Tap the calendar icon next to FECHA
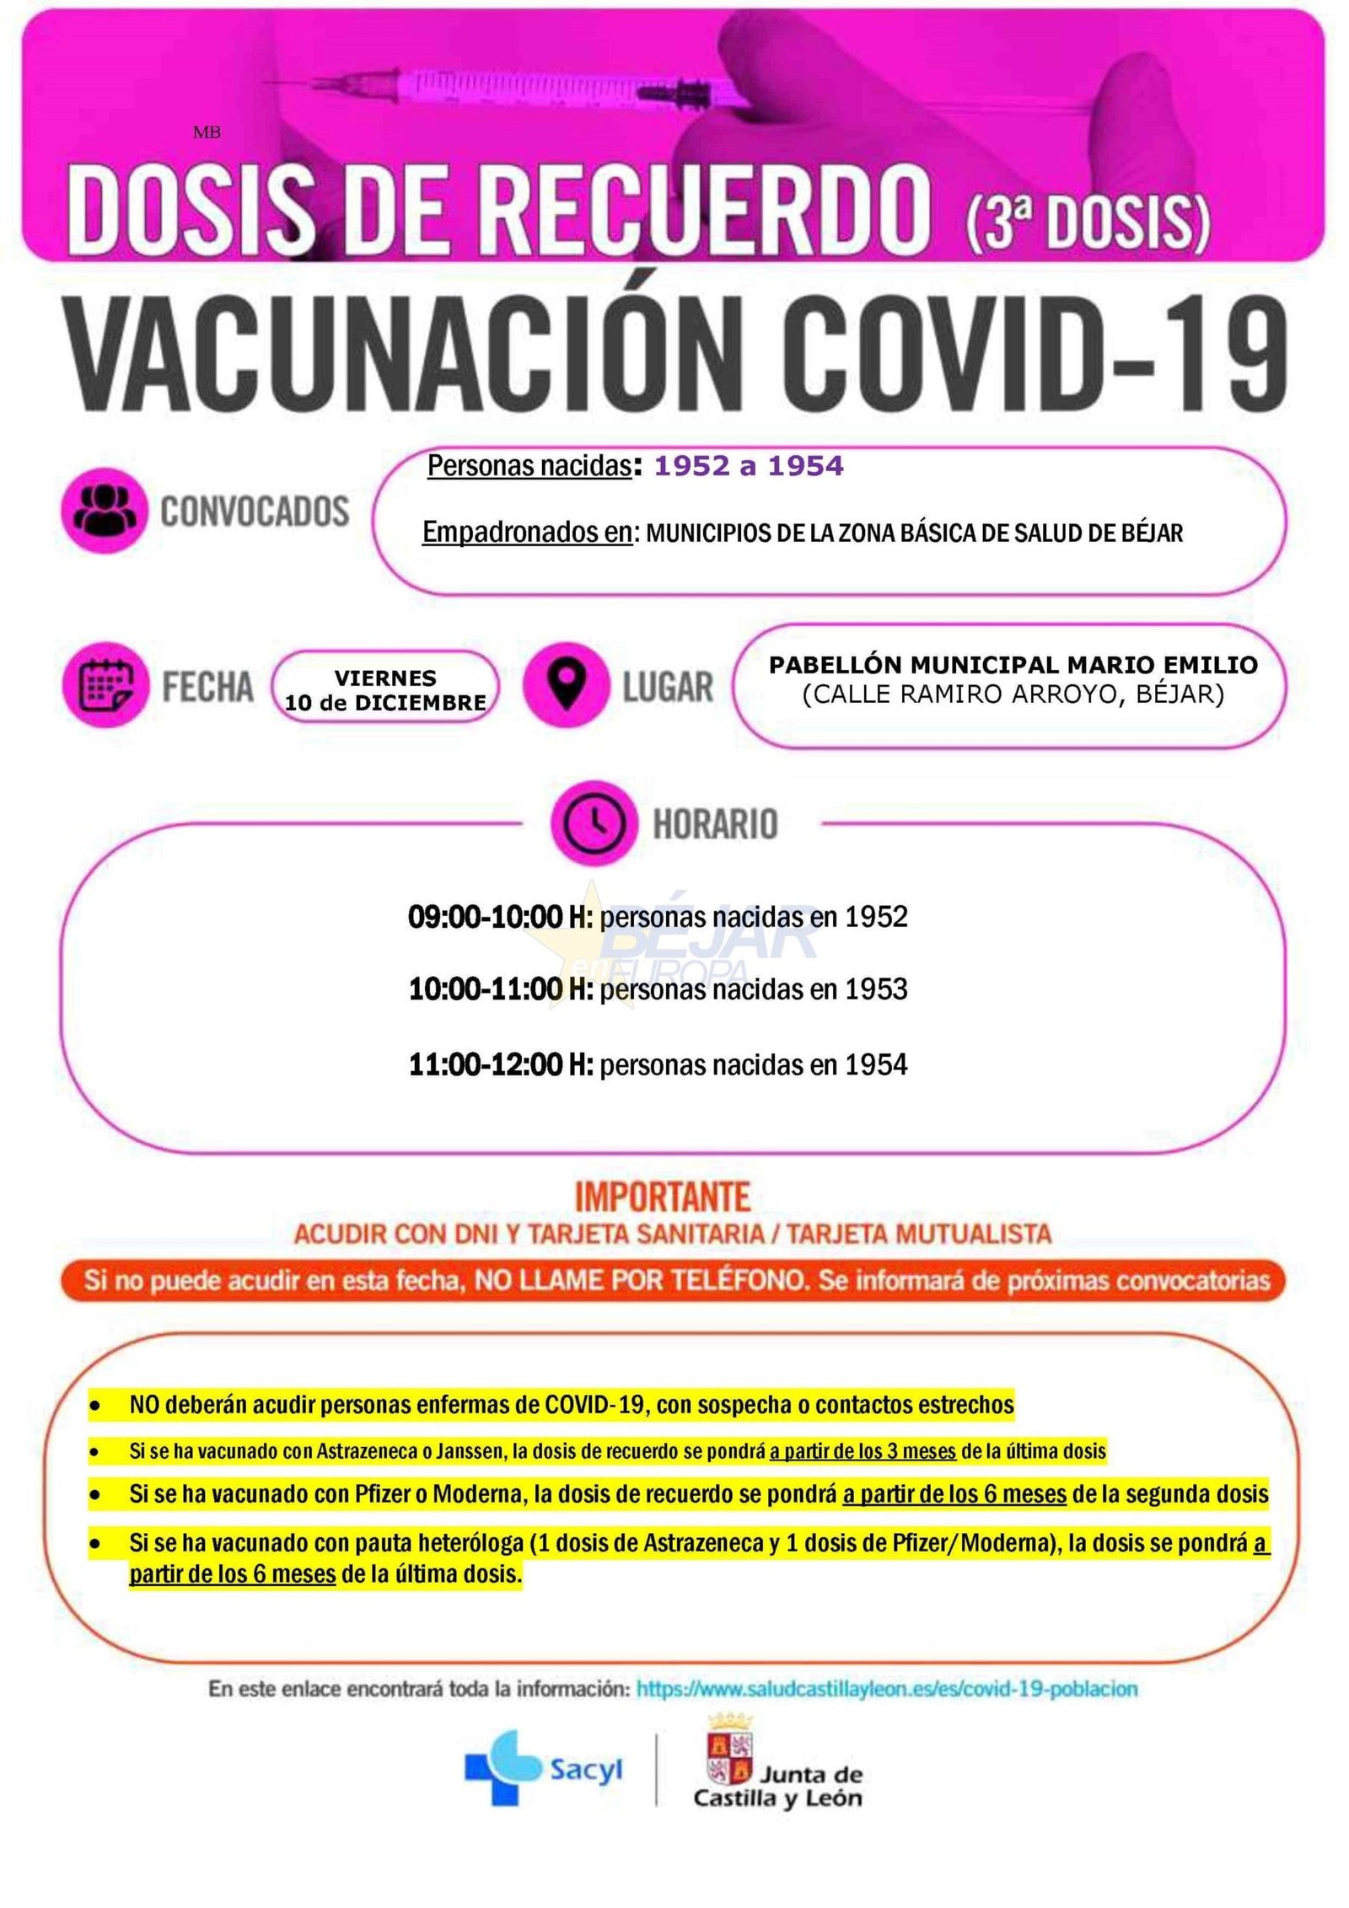click(105, 685)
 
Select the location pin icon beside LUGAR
click(566, 684)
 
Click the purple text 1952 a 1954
click(748, 466)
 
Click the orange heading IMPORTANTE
click(662, 1197)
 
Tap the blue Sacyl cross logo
click(499, 1767)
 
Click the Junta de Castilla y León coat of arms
click(729, 1750)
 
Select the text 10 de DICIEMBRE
click(385, 703)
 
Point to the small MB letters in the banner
click(207, 132)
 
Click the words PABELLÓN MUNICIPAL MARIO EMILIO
click(1013, 665)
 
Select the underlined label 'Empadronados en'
click(527, 533)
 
